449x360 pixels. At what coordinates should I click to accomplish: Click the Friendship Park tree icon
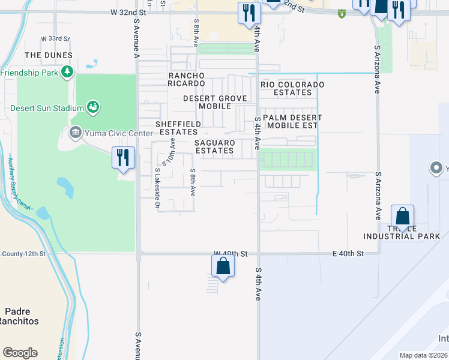point(68,73)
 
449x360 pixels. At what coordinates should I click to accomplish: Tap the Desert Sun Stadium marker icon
point(93,108)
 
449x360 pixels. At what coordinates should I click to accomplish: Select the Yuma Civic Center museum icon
point(75,133)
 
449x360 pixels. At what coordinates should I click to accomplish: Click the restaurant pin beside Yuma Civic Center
point(122,158)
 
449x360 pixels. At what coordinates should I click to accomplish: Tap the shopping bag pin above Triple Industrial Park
point(402,217)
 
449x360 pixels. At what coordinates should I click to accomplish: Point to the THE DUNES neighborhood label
point(49,55)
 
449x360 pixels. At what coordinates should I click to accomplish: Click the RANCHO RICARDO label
point(187,79)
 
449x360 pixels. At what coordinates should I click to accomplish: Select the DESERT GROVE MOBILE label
point(207,102)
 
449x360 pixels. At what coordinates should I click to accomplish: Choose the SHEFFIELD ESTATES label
point(177,128)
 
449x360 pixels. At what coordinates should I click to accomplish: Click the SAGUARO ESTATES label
point(214,146)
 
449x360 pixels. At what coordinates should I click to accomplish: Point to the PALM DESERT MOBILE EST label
point(291,122)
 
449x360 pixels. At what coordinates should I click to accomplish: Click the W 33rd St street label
point(55,38)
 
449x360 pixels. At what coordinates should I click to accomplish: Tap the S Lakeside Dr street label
point(158,188)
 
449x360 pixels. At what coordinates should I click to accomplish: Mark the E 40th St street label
point(348,254)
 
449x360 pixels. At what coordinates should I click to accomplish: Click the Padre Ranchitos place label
point(21,316)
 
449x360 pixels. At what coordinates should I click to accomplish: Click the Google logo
point(20,353)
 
